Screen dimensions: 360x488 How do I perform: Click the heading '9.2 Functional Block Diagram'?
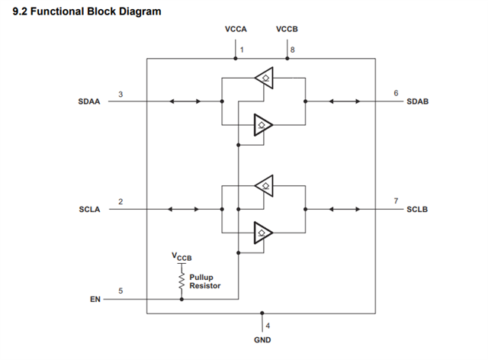pos(87,11)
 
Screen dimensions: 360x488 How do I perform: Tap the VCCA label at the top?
pos(236,29)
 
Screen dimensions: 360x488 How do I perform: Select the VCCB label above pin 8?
pos(287,29)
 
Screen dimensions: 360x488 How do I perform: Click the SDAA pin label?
pos(91,101)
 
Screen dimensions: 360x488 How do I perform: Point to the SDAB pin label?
pos(417,101)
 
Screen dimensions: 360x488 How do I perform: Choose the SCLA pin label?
pos(91,209)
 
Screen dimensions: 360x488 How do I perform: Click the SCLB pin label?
pos(417,209)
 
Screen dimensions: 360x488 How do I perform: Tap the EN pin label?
pos(95,300)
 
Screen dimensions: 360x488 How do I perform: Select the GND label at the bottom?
pos(262,339)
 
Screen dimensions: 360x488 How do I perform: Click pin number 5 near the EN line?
pos(120,291)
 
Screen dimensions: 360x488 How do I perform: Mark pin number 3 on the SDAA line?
pos(120,93)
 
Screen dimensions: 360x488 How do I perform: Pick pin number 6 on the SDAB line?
pos(396,93)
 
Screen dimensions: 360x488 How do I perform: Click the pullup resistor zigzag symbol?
pos(181,281)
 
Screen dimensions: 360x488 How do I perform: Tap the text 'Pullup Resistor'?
pos(205,281)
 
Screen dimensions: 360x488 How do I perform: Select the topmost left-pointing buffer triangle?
pos(263,76)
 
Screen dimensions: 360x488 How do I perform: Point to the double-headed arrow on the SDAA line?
pos(185,101)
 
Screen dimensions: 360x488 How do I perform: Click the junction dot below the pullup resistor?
pos(181,299)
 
